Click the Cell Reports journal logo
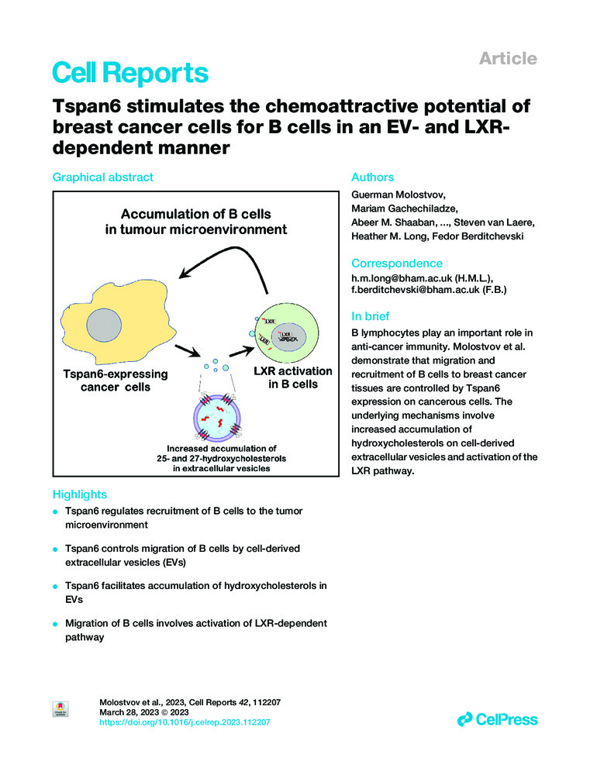click(x=129, y=73)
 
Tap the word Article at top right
click(x=508, y=58)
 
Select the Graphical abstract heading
click(x=102, y=177)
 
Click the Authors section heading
click(x=373, y=177)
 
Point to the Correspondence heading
click(x=397, y=263)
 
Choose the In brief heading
click(x=371, y=316)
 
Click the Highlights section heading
click(x=79, y=494)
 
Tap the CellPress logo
click(x=497, y=720)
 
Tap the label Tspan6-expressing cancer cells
click(x=115, y=379)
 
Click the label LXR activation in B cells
click(x=292, y=377)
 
